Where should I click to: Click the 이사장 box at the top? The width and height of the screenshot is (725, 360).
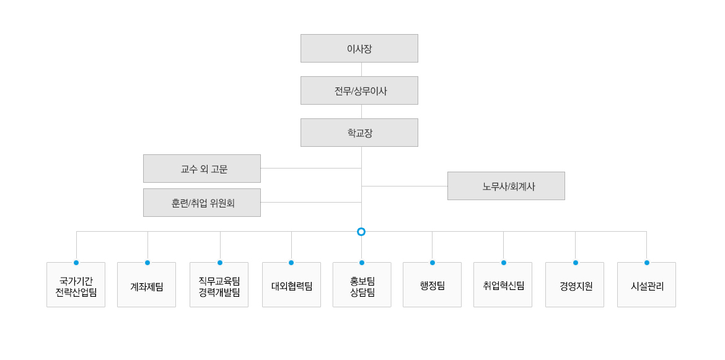point(359,48)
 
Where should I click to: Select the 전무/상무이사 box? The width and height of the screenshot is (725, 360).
point(359,90)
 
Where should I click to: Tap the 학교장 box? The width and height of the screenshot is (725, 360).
point(359,133)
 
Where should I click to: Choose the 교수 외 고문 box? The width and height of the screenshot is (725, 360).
point(202,169)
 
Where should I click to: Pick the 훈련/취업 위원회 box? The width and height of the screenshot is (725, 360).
point(202,203)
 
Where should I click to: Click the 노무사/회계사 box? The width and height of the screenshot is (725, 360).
point(506,186)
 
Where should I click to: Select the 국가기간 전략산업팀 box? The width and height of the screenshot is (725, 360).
point(76,284)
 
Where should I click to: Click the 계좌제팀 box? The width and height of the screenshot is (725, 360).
point(147,284)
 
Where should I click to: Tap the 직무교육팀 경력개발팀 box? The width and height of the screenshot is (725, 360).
point(219,284)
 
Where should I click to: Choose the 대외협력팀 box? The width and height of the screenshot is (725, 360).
point(291,284)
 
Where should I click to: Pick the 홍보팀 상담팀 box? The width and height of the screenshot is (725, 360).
point(362,284)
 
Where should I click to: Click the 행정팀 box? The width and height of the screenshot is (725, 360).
point(433,284)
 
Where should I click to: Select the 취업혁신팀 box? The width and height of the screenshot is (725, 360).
point(503,284)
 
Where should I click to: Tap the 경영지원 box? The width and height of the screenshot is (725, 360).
point(574,284)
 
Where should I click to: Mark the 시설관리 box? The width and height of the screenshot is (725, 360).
point(646,284)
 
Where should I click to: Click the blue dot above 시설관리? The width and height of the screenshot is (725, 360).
point(646,263)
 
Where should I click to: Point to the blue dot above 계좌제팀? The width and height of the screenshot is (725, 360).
point(147,263)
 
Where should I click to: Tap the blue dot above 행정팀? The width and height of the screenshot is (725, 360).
point(433,263)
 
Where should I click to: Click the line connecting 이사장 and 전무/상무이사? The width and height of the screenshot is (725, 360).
point(362,69)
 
